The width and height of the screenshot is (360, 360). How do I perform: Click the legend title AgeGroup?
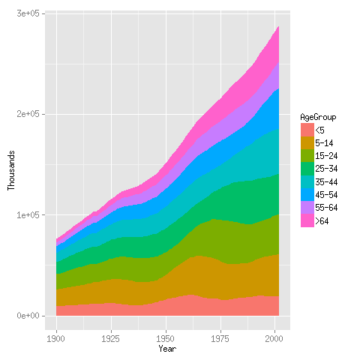pos(317,118)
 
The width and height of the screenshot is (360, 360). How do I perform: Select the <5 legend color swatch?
pos(307,130)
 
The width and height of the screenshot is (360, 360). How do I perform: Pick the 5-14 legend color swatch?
pos(307,143)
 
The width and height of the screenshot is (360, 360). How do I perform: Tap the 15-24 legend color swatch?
pos(307,156)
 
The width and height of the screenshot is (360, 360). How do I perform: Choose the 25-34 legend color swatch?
pos(307,169)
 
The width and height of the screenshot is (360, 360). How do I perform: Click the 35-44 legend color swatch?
pos(307,182)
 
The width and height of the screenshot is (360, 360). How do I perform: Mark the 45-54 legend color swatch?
pos(307,195)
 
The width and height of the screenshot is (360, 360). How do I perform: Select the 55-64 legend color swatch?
pos(307,208)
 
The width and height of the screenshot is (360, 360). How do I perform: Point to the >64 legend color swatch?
pos(307,221)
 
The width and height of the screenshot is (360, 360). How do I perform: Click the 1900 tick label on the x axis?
pos(56,339)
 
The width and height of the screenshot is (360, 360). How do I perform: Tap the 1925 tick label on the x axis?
pos(111,339)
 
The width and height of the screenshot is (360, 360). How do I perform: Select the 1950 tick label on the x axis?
pos(166,339)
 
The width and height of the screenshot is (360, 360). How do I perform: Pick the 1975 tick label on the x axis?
pos(221,339)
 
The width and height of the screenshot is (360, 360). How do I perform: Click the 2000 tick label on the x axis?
pos(276,339)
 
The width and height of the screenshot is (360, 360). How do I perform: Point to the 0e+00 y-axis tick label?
pos(28,316)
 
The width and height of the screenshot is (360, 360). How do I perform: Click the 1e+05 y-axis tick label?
pos(28,215)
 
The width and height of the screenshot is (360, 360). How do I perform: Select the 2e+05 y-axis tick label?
pos(28,115)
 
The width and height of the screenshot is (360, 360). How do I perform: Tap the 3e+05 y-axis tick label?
pos(28,14)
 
